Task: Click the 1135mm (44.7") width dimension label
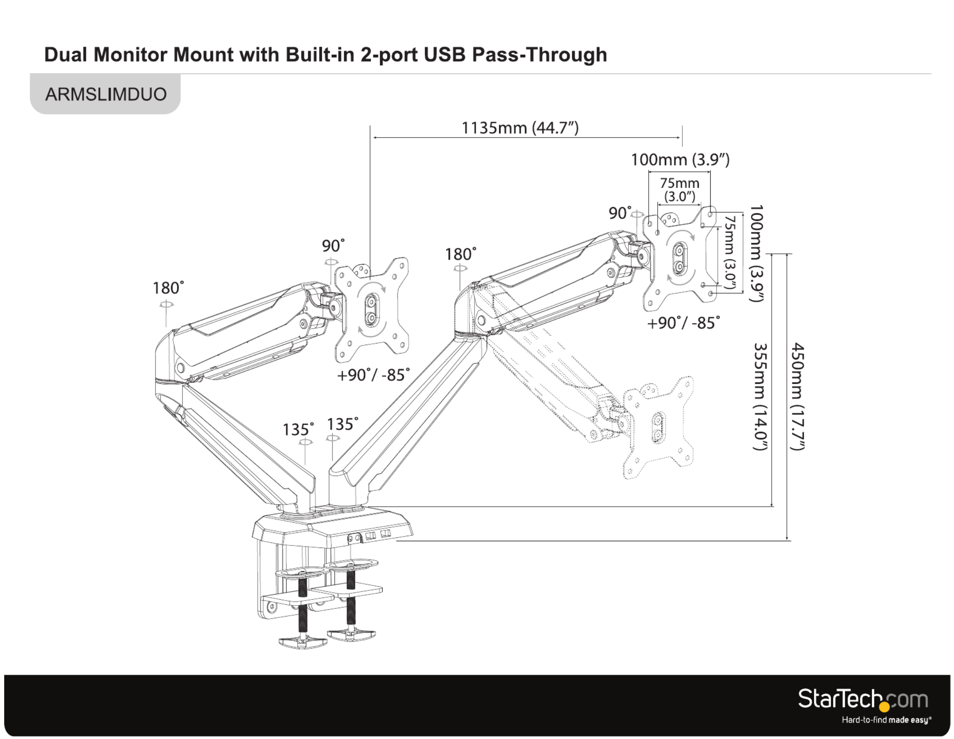pyautogui.click(x=520, y=128)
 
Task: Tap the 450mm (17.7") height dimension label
pyautogui.click(x=798, y=396)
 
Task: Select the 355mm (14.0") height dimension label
pyautogui.click(x=760, y=396)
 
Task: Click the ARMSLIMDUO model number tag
pyautogui.click(x=106, y=94)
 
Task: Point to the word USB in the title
pyautogui.click(x=445, y=55)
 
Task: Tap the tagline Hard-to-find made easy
pyautogui.click(x=886, y=720)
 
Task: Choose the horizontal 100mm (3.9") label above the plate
pyautogui.click(x=680, y=159)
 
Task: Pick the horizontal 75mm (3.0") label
pyautogui.click(x=680, y=189)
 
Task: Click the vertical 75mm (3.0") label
pyautogui.click(x=730, y=252)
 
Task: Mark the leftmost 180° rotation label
pyautogui.click(x=168, y=288)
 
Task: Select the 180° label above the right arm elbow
pyautogui.click(x=461, y=254)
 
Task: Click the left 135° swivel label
pyautogui.click(x=298, y=429)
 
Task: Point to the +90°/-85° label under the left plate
pyautogui.click(x=373, y=375)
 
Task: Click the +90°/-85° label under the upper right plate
pyautogui.click(x=683, y=323)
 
